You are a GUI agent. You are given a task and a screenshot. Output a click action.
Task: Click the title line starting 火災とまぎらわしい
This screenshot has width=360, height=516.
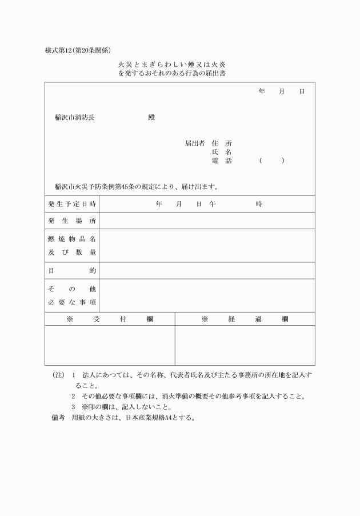172,65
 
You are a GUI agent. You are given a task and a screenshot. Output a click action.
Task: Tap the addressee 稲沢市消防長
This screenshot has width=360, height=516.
75,118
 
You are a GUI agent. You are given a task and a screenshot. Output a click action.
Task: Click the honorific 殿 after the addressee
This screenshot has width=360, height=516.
151,118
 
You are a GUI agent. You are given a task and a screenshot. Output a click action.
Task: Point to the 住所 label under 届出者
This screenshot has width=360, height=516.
222,143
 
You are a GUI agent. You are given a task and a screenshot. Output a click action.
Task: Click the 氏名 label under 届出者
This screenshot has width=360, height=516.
222,152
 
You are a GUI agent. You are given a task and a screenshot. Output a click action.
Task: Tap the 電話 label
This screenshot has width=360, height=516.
222,161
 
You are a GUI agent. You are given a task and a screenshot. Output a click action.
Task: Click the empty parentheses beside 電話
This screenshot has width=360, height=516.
271,161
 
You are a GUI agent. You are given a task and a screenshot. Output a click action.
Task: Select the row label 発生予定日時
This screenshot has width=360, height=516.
72,204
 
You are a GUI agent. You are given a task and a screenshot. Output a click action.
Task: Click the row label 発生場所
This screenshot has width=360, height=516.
72,221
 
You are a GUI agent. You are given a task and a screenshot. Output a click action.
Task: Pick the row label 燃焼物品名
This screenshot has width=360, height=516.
72,238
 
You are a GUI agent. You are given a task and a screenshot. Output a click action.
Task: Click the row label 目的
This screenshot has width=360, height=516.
72,270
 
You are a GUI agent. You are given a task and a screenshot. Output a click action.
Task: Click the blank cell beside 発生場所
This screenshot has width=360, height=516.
206,221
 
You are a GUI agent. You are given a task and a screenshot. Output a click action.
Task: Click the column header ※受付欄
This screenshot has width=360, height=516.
110,319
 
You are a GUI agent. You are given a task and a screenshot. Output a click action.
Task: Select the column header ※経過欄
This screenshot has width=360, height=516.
245,319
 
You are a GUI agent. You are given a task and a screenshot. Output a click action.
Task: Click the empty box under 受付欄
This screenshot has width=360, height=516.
110,345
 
